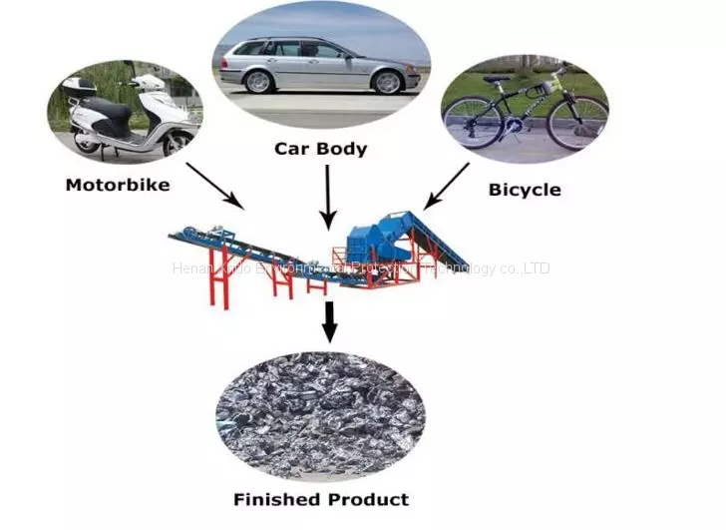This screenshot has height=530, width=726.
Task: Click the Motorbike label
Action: point(117,184)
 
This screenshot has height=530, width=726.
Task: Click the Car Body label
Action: point(321,150)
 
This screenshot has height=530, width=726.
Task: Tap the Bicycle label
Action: point(525,189)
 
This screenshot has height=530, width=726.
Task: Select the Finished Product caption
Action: point(321,499)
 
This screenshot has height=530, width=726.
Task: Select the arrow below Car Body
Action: point(326,196)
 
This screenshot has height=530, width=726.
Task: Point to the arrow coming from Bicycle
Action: point(447,187)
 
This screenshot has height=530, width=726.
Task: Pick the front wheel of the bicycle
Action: point(577,122)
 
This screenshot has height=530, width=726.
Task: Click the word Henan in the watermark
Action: point(188,268)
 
